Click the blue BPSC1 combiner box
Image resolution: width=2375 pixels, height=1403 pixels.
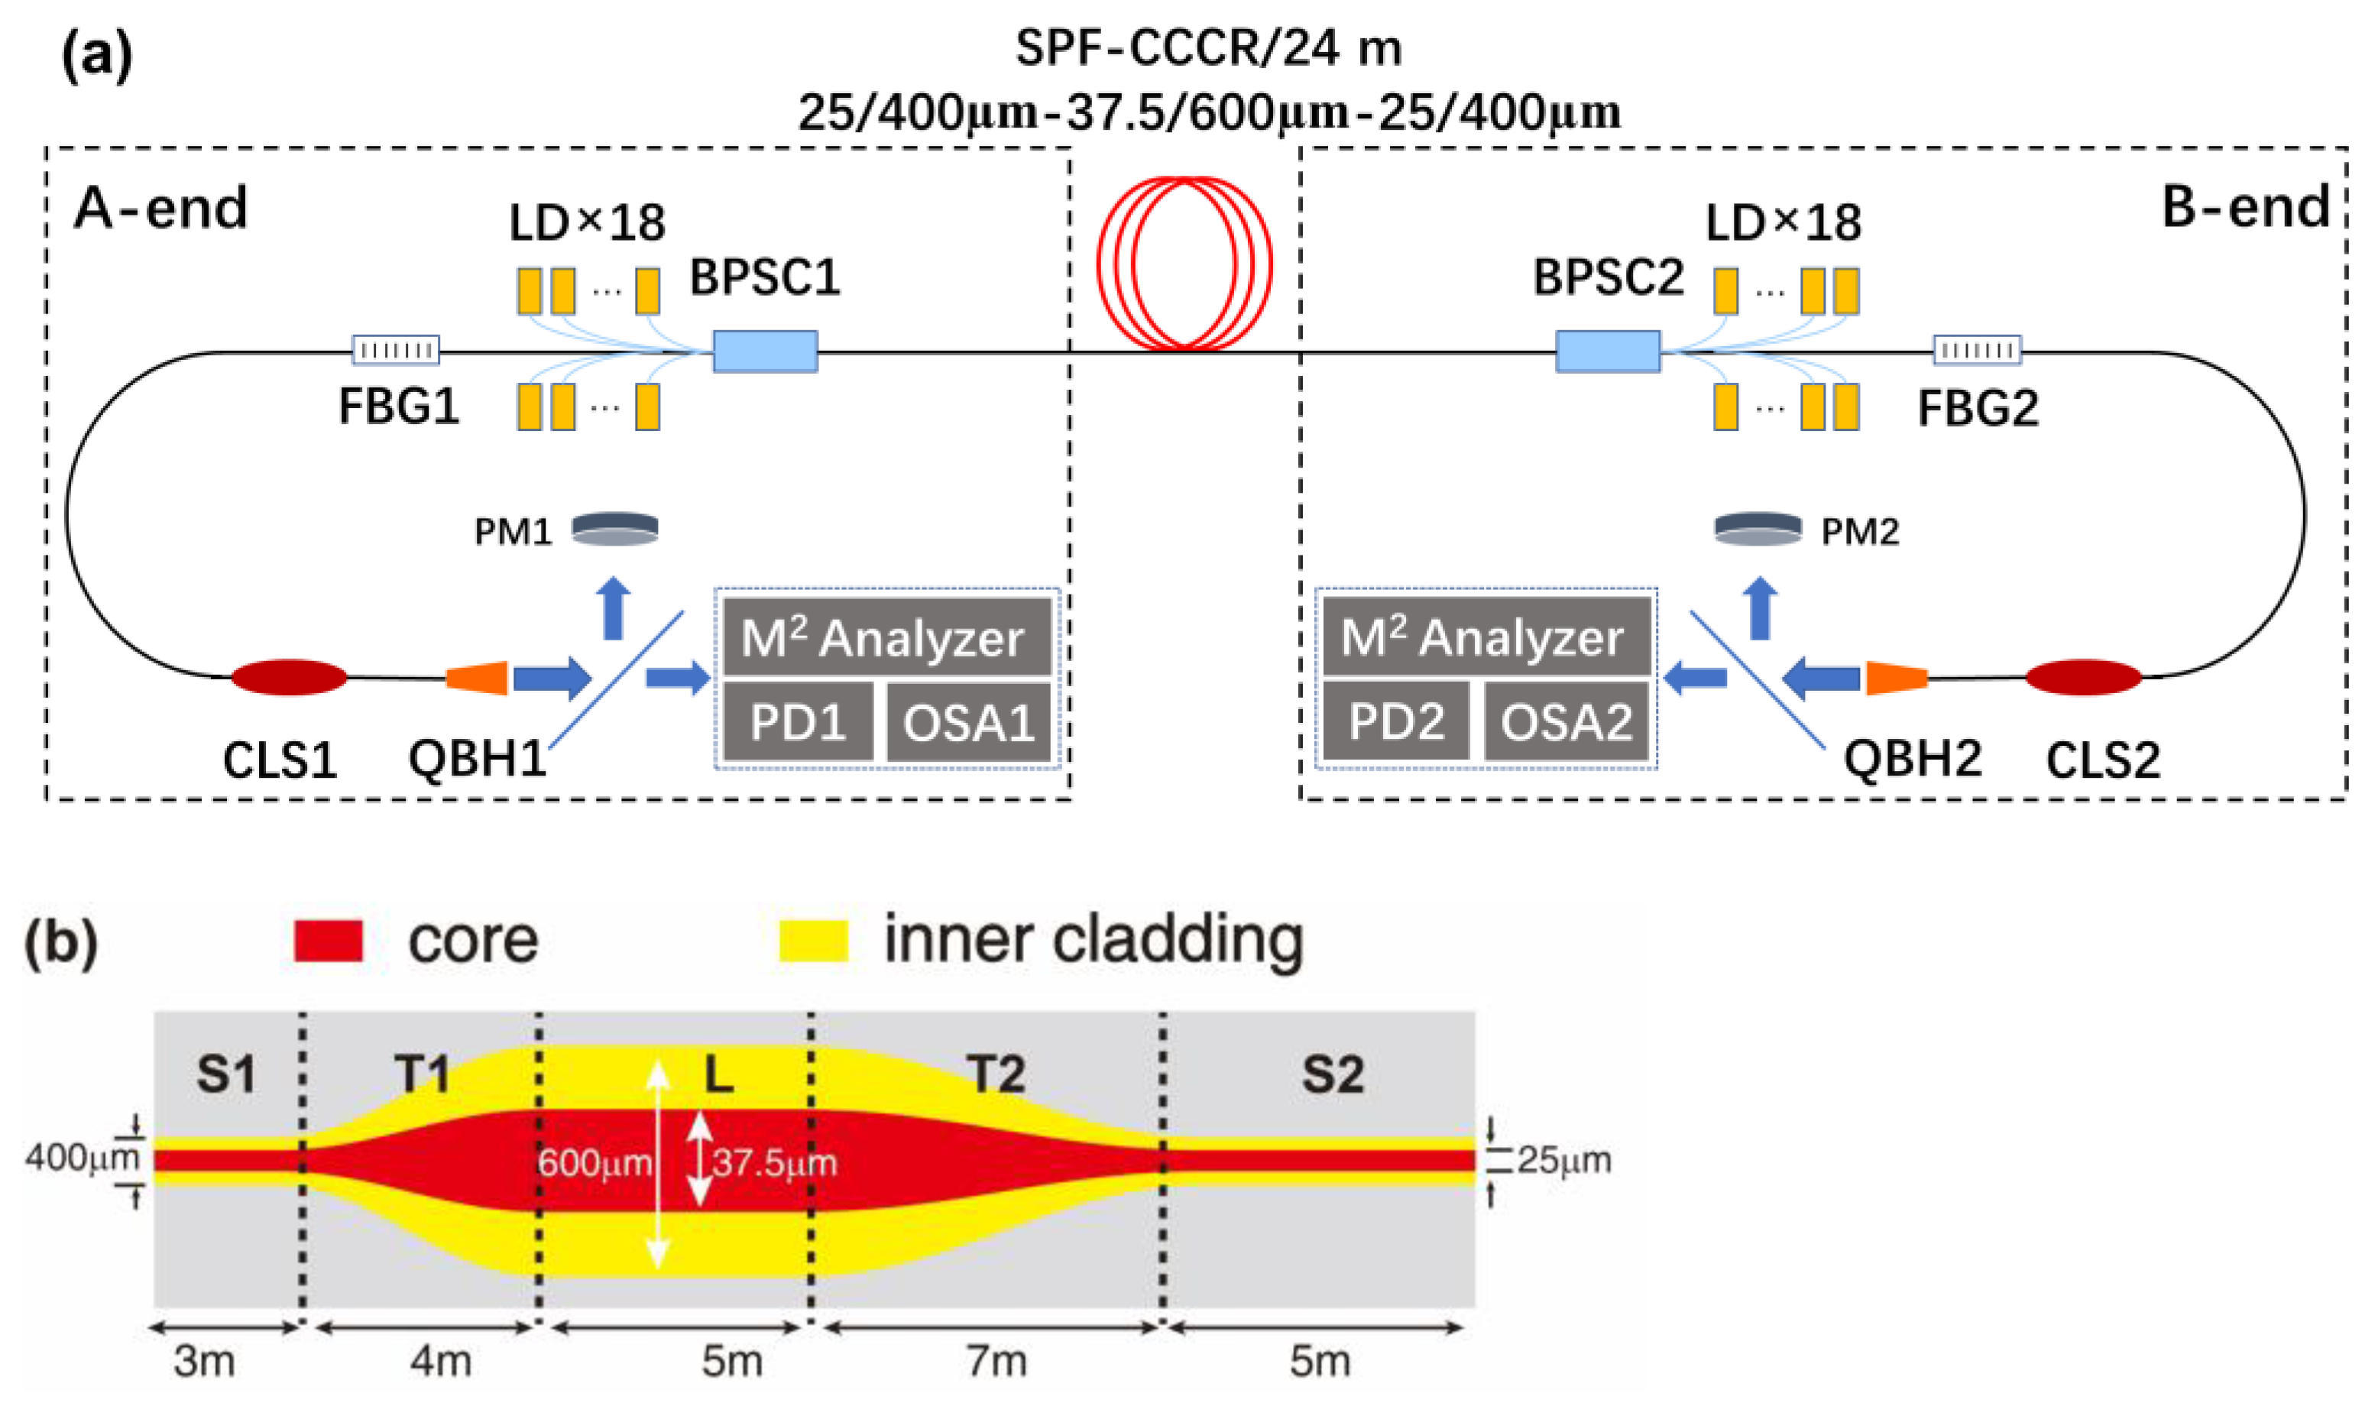(x=765, y=351)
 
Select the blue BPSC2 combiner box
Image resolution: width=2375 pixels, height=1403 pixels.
(x=1607, y=351)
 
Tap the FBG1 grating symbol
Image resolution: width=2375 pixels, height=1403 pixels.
(x=395, y=351)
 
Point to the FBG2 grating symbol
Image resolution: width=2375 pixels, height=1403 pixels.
(x=1977, y=351)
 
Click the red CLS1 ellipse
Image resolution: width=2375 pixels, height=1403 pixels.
(x=290, y=677)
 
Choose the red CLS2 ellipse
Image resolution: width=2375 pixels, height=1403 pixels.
(x=2083, y=677)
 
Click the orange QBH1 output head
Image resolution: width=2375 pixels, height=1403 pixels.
(x=478, y=678)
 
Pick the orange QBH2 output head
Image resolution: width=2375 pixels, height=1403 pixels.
(x=1897, y=678)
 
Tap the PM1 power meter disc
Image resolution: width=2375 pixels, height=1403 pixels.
(x=614, y=529)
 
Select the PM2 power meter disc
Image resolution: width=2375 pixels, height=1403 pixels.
(x=1758, y=529)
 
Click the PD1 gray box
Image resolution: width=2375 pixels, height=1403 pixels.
(x=797, y=722)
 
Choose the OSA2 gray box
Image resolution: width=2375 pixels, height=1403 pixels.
(x=1567, y=722)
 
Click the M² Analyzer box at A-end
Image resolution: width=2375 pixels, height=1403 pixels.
(x=886, y=637)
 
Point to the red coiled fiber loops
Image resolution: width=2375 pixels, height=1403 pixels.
(x=1184, y=263)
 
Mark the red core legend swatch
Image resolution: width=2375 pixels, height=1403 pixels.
(x=328, y=941)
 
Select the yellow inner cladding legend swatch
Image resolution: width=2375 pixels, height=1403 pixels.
(x=813, y=941)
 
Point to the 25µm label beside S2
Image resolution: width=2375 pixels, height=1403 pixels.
(x=1565, y=1160)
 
